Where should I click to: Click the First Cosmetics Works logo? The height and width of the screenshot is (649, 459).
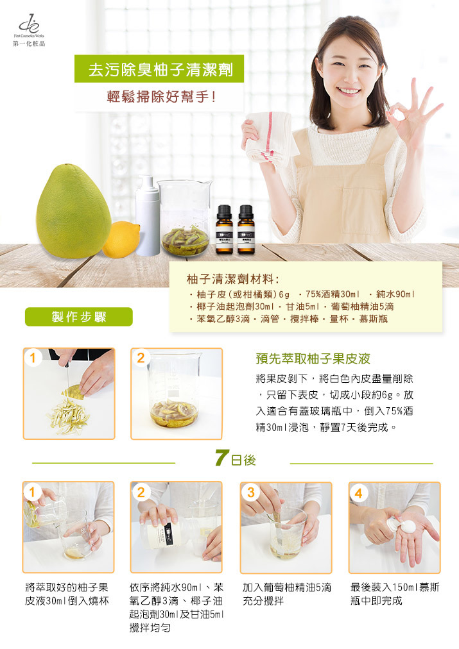coord(29,30)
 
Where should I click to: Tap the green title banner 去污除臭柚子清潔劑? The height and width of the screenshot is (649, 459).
coord(159,69)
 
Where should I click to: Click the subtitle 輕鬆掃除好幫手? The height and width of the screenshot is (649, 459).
coord(161,97)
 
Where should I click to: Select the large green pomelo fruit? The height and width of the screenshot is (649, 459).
coord(73,211)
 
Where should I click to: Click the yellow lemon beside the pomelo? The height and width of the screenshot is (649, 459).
coord(121,240)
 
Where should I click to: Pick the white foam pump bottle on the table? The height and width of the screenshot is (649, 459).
coord(148,215)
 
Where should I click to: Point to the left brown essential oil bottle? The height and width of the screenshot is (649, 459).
coord(224,230)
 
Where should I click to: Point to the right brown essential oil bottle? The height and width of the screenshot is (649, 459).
coord(246,230)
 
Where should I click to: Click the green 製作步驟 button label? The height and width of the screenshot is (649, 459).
coord(79,317)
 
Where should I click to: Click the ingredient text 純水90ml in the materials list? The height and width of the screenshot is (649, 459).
coord(395,294)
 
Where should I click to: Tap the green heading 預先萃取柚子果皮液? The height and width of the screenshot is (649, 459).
coord(313,358)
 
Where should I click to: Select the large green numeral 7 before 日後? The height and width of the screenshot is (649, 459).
coord(222,457)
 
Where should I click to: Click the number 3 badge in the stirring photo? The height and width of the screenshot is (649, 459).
coord(250,493)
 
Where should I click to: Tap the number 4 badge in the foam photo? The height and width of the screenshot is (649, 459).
coord(359,493)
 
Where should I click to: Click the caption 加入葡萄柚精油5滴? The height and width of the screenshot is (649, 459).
coord(287,587)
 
